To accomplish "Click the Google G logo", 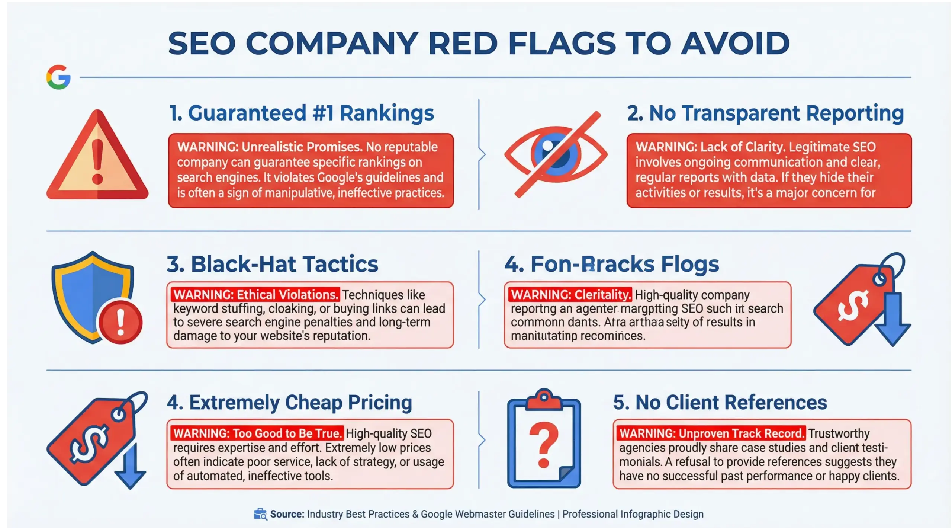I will (x=58, y=77).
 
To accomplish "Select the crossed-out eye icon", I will (x=556, y=154).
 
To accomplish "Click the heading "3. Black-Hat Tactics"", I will (x=272, y=264).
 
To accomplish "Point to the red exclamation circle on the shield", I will (x=120, y=322).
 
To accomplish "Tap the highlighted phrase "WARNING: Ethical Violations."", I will (x=255, y=295).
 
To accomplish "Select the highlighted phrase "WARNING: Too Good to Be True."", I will (x=257, y=433).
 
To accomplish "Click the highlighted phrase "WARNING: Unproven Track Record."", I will (x=711, y=433).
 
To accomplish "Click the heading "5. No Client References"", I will (x=720, y=402).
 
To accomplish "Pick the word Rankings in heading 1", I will (x=387, y=113).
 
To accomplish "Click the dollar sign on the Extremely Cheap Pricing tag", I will (x=89, y=443).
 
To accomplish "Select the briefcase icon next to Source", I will (x=260, y=514).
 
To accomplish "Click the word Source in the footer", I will (x=287, y=514).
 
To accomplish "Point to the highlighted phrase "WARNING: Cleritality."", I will (x=570, y=295).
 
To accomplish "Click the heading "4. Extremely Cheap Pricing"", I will (x=289, y=402).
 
